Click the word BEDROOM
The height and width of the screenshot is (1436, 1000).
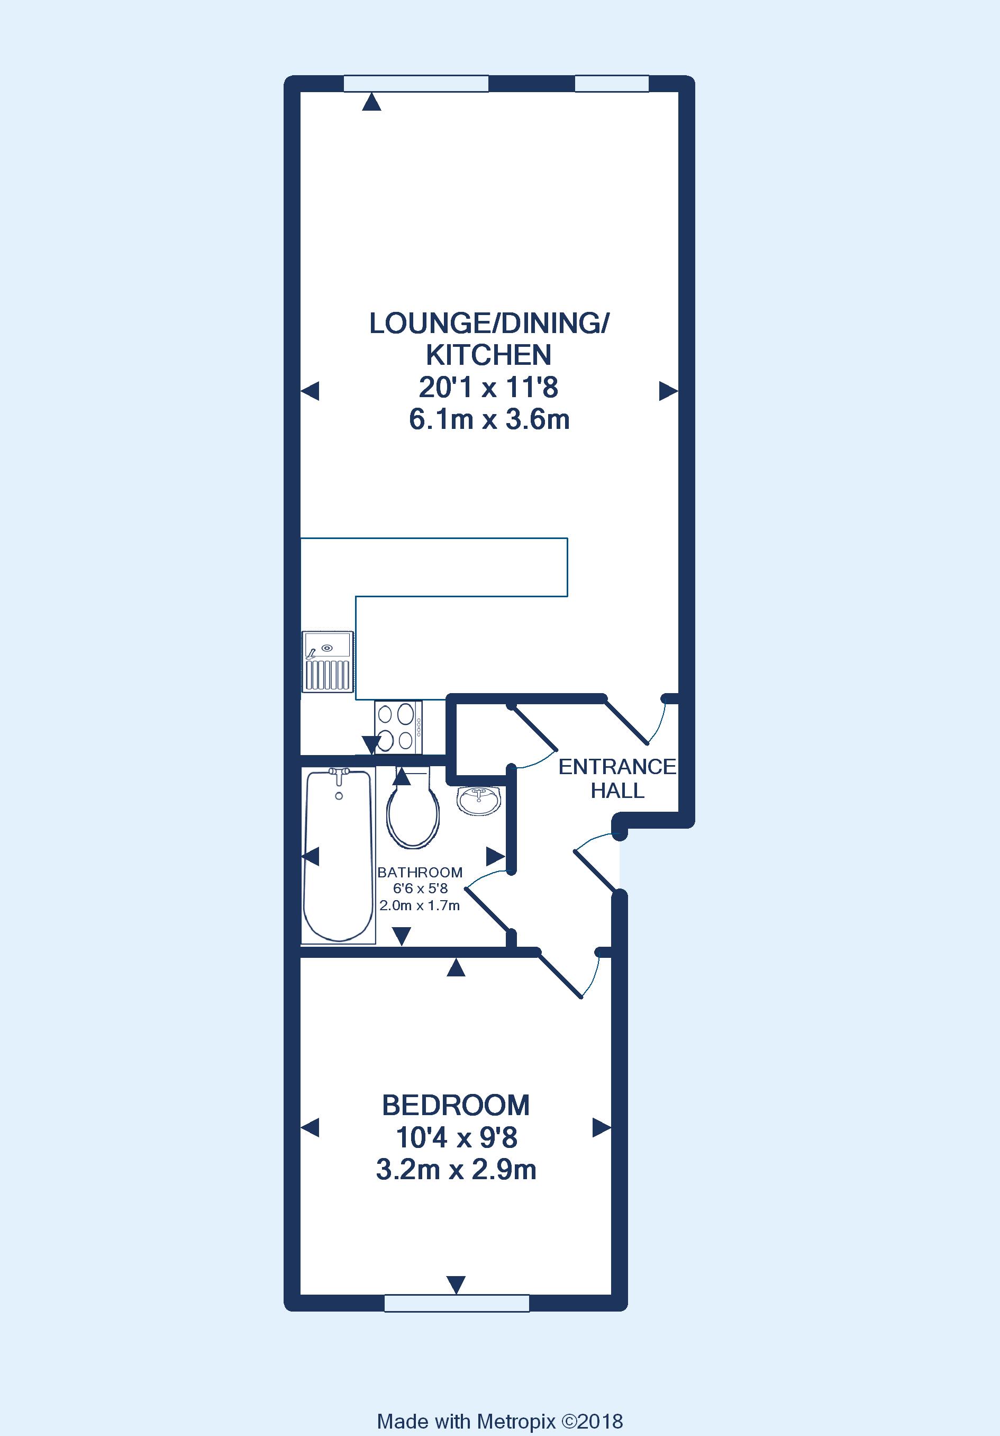point(456,1105)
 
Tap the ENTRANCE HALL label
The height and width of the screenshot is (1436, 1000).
point(617,779)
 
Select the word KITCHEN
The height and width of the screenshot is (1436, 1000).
point(489,355)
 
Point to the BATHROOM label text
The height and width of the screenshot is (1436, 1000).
point(420,872)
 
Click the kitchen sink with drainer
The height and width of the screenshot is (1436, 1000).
point(328,662)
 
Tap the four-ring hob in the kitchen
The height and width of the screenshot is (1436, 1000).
point(398,727)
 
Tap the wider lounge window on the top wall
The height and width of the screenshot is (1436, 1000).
point(416,83)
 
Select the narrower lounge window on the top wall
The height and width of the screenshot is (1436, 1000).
point(612,83)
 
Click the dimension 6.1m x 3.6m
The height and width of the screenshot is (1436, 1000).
point(489,419)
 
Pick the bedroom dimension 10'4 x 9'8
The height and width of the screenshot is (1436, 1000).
point(457,1138)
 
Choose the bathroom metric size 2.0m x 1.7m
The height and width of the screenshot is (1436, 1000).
point(420,905)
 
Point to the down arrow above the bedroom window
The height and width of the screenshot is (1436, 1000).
point(456,1285)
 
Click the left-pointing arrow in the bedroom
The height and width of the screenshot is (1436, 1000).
point(310,1128)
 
